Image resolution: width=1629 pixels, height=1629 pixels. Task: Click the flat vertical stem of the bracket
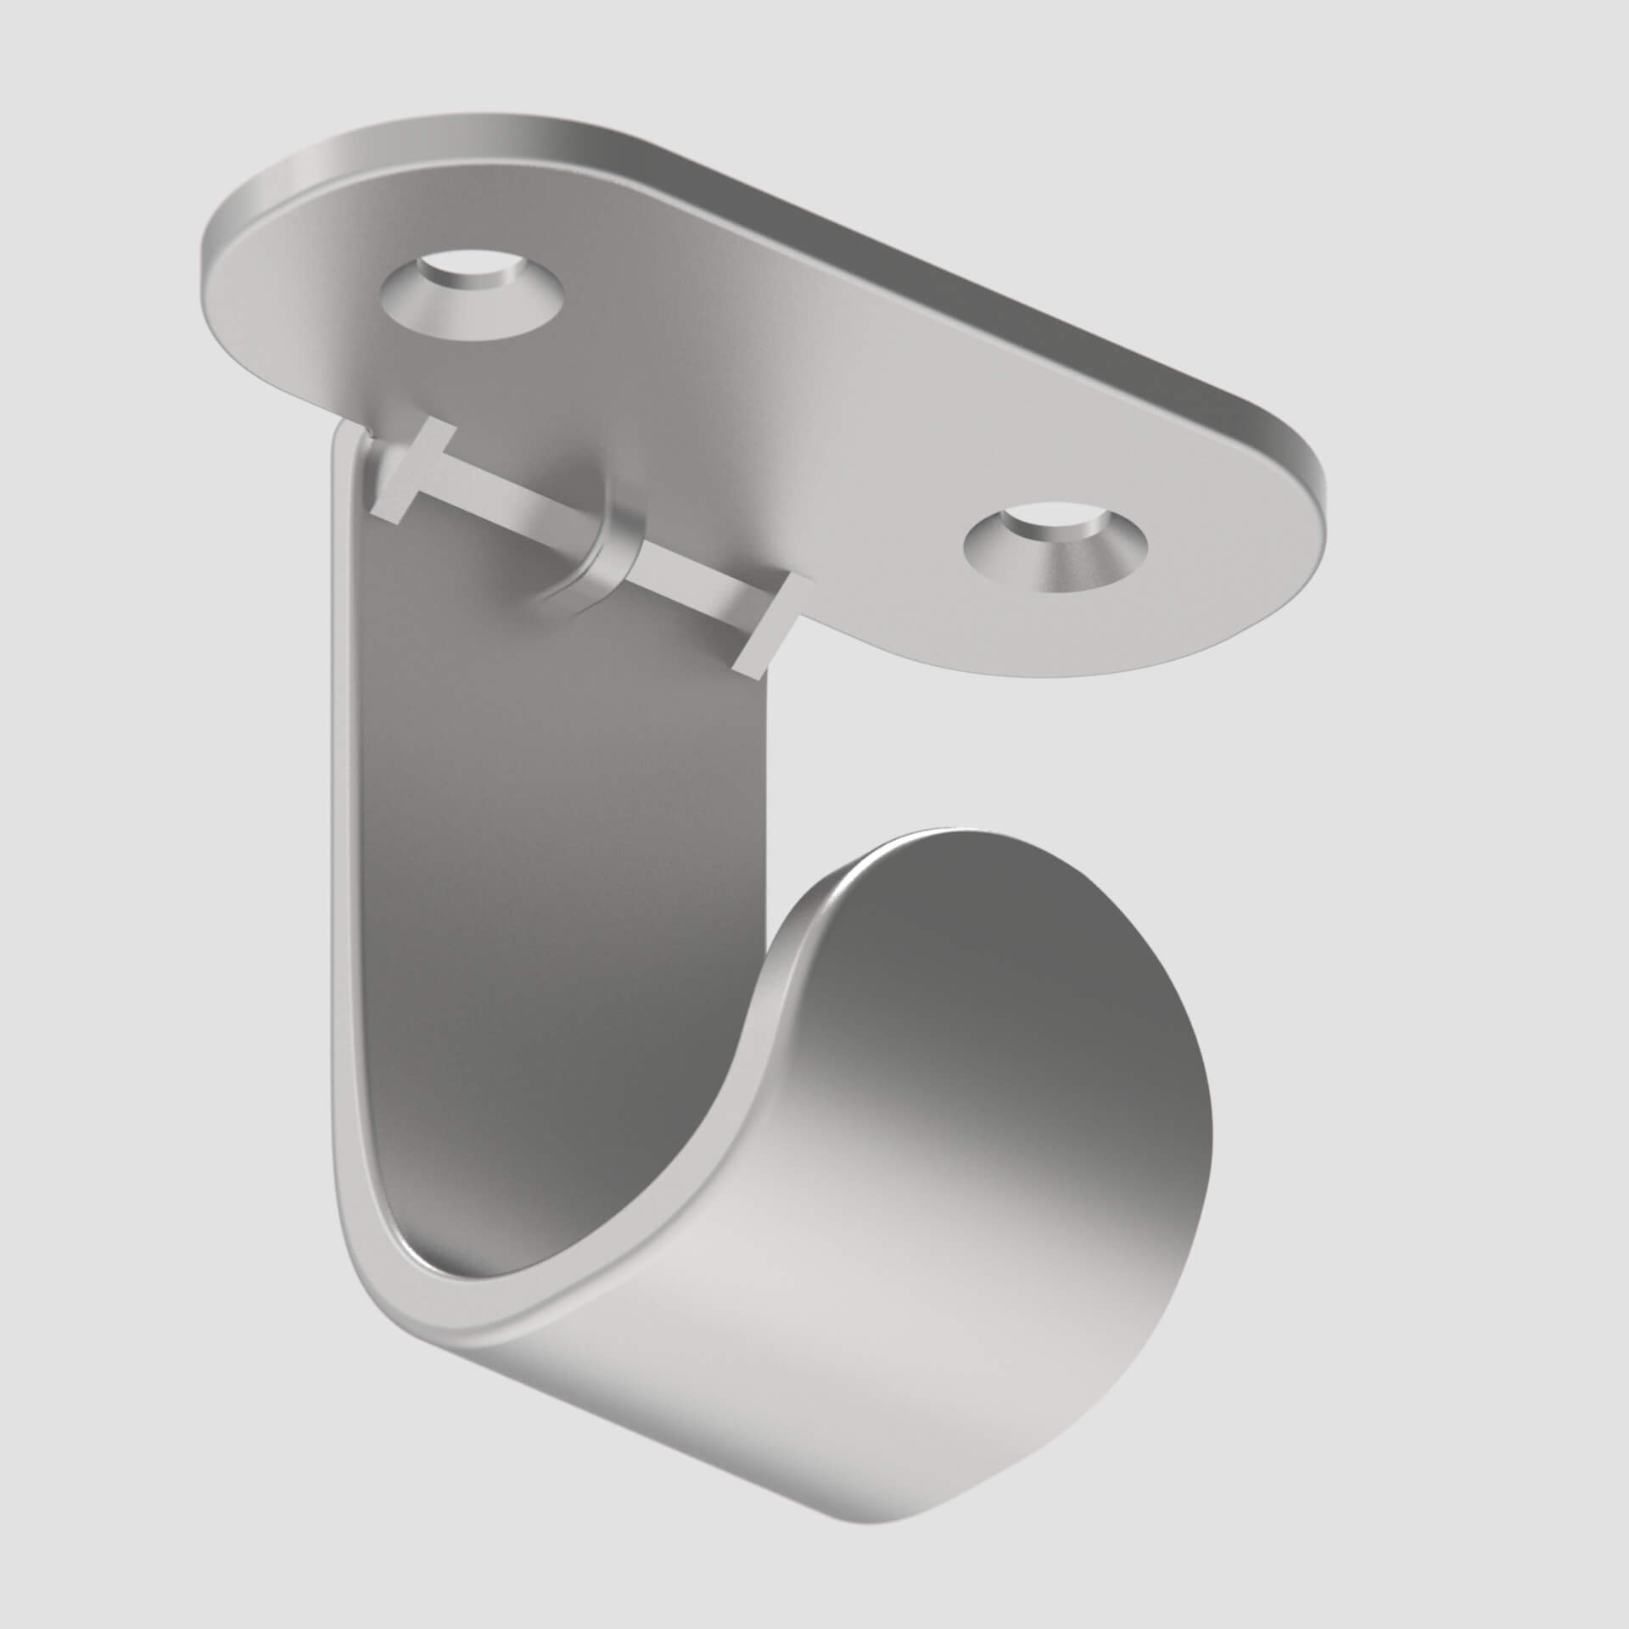tap(551, 806)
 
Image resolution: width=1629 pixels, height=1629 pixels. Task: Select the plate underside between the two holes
tap(764, 407)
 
